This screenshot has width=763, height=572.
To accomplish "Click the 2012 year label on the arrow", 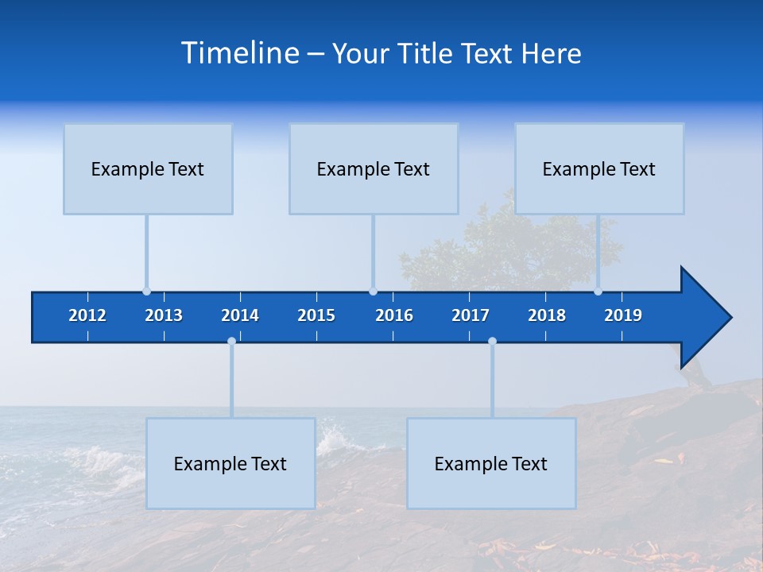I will click(87, 315).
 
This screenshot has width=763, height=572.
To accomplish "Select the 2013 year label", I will click(164, 315).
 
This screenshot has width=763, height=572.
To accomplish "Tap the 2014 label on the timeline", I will click(240, 315).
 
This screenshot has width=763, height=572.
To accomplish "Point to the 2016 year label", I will click(394, 315).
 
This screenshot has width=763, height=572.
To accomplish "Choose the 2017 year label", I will click(471, 315).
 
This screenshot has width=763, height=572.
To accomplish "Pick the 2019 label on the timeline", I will click(623, 315).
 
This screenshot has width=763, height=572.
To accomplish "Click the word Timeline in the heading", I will click(239, 53).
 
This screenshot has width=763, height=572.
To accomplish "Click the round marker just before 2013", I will click(146, 292).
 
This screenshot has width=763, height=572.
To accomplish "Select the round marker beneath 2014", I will click(231, 341).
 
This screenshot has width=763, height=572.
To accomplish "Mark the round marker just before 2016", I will click(373, 292).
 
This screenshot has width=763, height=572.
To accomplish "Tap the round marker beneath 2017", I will click(492, 341).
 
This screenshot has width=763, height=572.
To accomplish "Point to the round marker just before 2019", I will click(598, 292).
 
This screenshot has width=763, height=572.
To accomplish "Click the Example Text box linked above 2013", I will click(148, 168).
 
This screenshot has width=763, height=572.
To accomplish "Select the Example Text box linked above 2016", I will click(374, 168).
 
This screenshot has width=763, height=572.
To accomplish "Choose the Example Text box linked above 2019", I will click(599, 168).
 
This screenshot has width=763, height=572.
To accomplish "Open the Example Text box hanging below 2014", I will click(230, 463).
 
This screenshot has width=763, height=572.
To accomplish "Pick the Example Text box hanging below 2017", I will click(491, 463).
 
